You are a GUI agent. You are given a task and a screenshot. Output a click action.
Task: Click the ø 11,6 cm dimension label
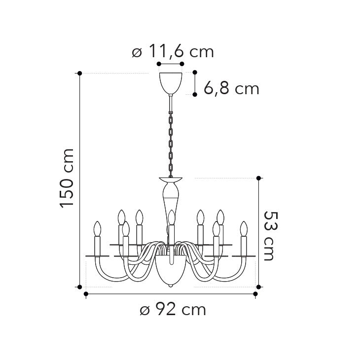pyautogui.click(x=173, y=51)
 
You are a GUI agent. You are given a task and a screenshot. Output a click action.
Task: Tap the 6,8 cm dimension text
pyautogui.click(x=231, y=89)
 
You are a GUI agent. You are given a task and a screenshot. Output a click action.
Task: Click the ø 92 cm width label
pyautogui.click(x=172, y=310)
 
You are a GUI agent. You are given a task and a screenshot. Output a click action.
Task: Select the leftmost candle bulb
pyautogui.click(x=97, y=229)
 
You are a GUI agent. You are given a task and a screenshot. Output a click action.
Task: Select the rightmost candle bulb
pyautogui.click(x=243, y=229)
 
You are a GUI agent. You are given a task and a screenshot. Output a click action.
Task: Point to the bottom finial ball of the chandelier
pyautogui.click(x=171, y=285)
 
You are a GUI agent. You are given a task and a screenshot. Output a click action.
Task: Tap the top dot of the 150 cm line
pyautogui.click(x=80, y=73)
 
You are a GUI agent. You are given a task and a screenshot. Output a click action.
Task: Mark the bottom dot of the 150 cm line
pyautogui.click(x=80, y=286)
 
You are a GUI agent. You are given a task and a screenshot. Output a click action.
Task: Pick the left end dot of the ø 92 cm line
pyautogui.click(x=86, y=294)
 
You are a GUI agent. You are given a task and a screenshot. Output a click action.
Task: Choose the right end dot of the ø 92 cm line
pyautogui.click(x=255, y=294)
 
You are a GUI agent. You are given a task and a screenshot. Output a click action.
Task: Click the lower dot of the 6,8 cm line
pyautogui.click(x=195, y=94)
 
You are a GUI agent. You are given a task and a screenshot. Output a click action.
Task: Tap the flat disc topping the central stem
pyautogui.click(x=171, y=179)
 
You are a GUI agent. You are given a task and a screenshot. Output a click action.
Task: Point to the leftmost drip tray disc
pyautogui.click(x=97, y=256)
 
